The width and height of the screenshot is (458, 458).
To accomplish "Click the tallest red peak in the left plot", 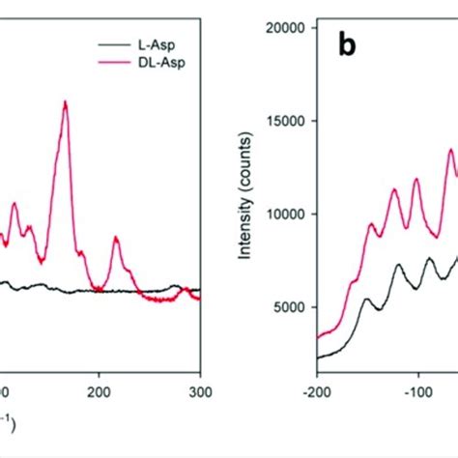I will [65, 102].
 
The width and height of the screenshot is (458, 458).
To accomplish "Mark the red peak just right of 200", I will [116, 238].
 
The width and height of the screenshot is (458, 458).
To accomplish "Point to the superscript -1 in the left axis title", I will [8, 416].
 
